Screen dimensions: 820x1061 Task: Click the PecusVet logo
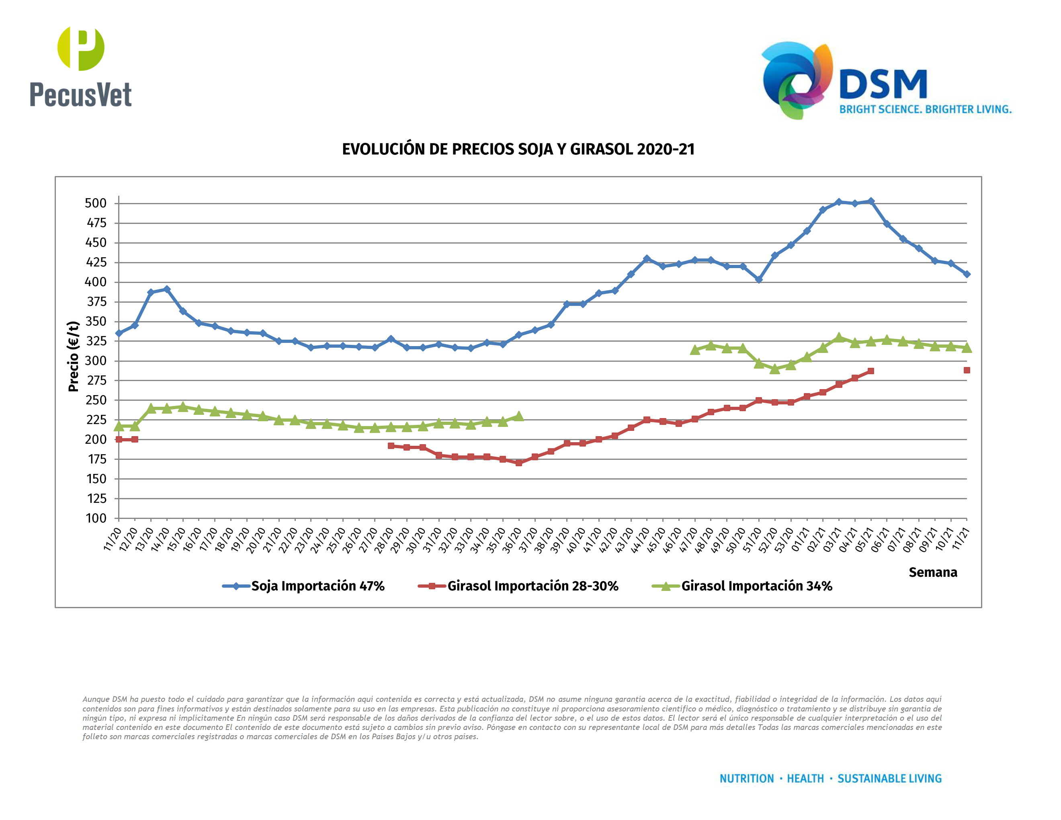click(x=81, y=67)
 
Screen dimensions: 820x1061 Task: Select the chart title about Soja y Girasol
click(x=518, y=149)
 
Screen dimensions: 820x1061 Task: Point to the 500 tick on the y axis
click(x=96, y=203)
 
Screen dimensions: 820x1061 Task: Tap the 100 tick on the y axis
click(x=96, y=519)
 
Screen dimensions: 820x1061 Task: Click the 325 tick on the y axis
click(x=96, y=341)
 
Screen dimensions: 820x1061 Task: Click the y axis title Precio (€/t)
click(x=74, y=356)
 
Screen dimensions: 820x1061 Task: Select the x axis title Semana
click(x=932, y=572)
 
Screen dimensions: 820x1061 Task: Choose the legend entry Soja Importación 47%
click(x=317, y=586)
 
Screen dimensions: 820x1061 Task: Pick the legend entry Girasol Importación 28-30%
click(x=533, y=586)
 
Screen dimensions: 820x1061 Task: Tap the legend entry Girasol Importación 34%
click(x=756, y=586)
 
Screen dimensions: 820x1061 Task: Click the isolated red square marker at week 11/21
click(x=966, y=370)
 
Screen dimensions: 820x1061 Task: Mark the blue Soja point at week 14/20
click(x=167, y=289)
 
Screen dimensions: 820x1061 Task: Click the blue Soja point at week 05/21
click(x=871, y=201)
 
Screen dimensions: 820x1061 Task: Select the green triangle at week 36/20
click(x=518, y=416)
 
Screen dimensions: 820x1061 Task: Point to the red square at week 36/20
click(x=518, y=463)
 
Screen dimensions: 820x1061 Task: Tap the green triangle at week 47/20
click(x=695, y=350)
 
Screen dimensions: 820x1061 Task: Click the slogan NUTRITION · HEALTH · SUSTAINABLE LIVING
click(x=830, y=779)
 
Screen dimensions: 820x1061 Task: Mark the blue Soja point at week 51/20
click(x=758, y=279)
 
